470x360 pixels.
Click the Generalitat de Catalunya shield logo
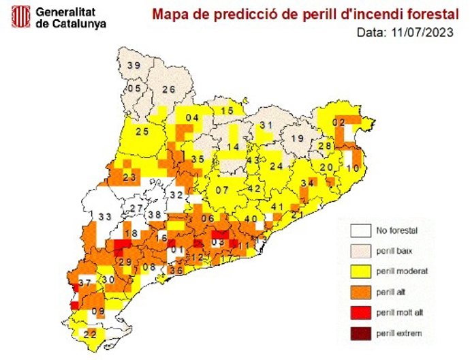click(22, 18)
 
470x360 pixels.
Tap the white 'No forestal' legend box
click(360, 231)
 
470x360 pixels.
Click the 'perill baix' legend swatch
click(360, 252)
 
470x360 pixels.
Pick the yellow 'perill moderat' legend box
click(360, 271)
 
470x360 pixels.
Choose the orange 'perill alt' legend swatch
click(360, 292)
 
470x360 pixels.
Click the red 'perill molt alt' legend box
click(360, 312)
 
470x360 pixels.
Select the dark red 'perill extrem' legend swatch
click(360, 333)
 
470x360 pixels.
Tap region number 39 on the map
click(134, 65)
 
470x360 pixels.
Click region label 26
click(168, 89)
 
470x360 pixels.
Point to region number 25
click(142, 131)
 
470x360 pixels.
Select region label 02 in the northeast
click(338, 123)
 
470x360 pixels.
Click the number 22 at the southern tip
click(90, 333)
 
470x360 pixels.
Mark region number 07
click(222, 190)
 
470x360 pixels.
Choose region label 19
click(297, 139)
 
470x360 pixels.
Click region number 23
click(129, 178)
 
